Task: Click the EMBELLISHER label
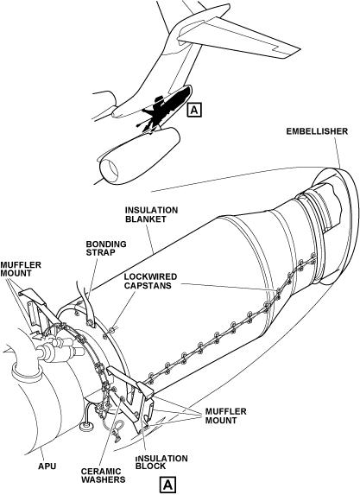[x=317, y=131]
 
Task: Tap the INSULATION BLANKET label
[x=151, y=214]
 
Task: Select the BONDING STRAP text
[x=106, y=249]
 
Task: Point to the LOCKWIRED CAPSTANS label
[x=150, y=281]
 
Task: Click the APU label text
[x=47, y=466]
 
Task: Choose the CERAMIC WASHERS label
[x=104, y=475]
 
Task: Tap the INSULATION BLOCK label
[x=161, y=462]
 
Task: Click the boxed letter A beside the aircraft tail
[x=194, y=110]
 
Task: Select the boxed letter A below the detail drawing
[x=167, y=485]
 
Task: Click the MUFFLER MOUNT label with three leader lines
[x=225, y=416]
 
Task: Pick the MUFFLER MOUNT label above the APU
[x=21, y=269]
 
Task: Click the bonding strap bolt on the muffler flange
[x=90, y=322]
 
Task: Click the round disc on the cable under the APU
[x=85, y=427]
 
